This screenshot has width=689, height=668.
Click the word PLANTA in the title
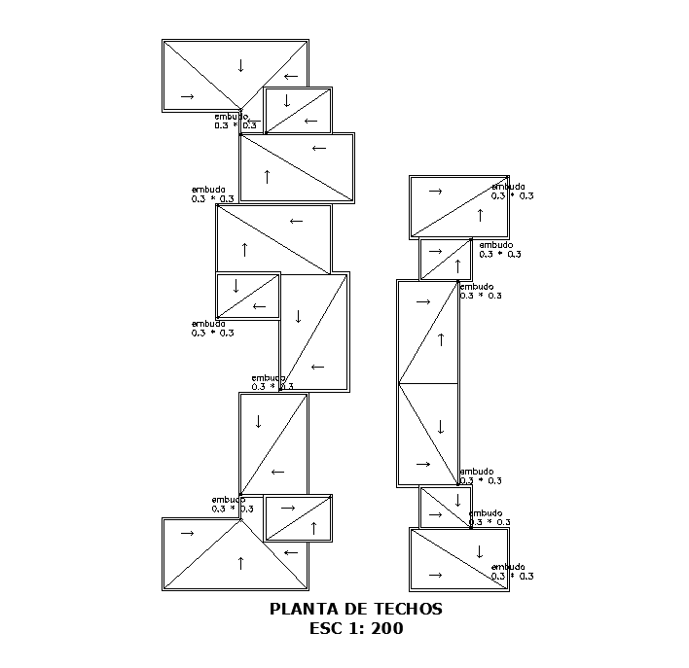pyautogui.click(x=298, y=610)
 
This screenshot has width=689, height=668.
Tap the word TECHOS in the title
pyautogui.click(x=409, y=610)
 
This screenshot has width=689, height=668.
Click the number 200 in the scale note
pyautogui.click(x=387, y=629)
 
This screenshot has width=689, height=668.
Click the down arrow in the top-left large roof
pyautogui.click(x=240, y=66)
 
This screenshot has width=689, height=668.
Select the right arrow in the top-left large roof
pyautogui.click(x=187, y=96)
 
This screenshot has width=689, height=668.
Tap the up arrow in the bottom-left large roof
pyautogui.click(x=240, y=562)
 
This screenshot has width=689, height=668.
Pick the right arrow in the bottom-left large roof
pyautogui.click(x=187, y=533)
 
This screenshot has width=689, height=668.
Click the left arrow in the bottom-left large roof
pyautogui.click(x=290, y=552)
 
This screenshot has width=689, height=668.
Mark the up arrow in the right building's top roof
pyautogui.click(x=480, y=215)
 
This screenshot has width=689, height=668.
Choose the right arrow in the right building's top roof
pyautogui.click(x=435, y=192)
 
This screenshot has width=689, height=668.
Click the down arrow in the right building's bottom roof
pyautogui.click(x=479, y=551)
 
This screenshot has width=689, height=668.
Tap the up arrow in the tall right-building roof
pyautogui.click(x=441, y=339)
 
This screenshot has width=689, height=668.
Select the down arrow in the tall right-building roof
pyautogui.click(x=441, y=426)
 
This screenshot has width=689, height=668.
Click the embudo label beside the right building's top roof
pyautogui.click(x=509, y=187)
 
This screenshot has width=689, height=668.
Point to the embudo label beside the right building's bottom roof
pyautogui.click(x=509, y=567)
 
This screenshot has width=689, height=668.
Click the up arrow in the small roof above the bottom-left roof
pyautogui.click(x=313, y=528)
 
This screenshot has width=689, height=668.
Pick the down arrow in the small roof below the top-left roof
pyautogui.click(x=287, y=101)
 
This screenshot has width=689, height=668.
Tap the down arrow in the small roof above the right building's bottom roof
pyautogui.click(x=457, y=501)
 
